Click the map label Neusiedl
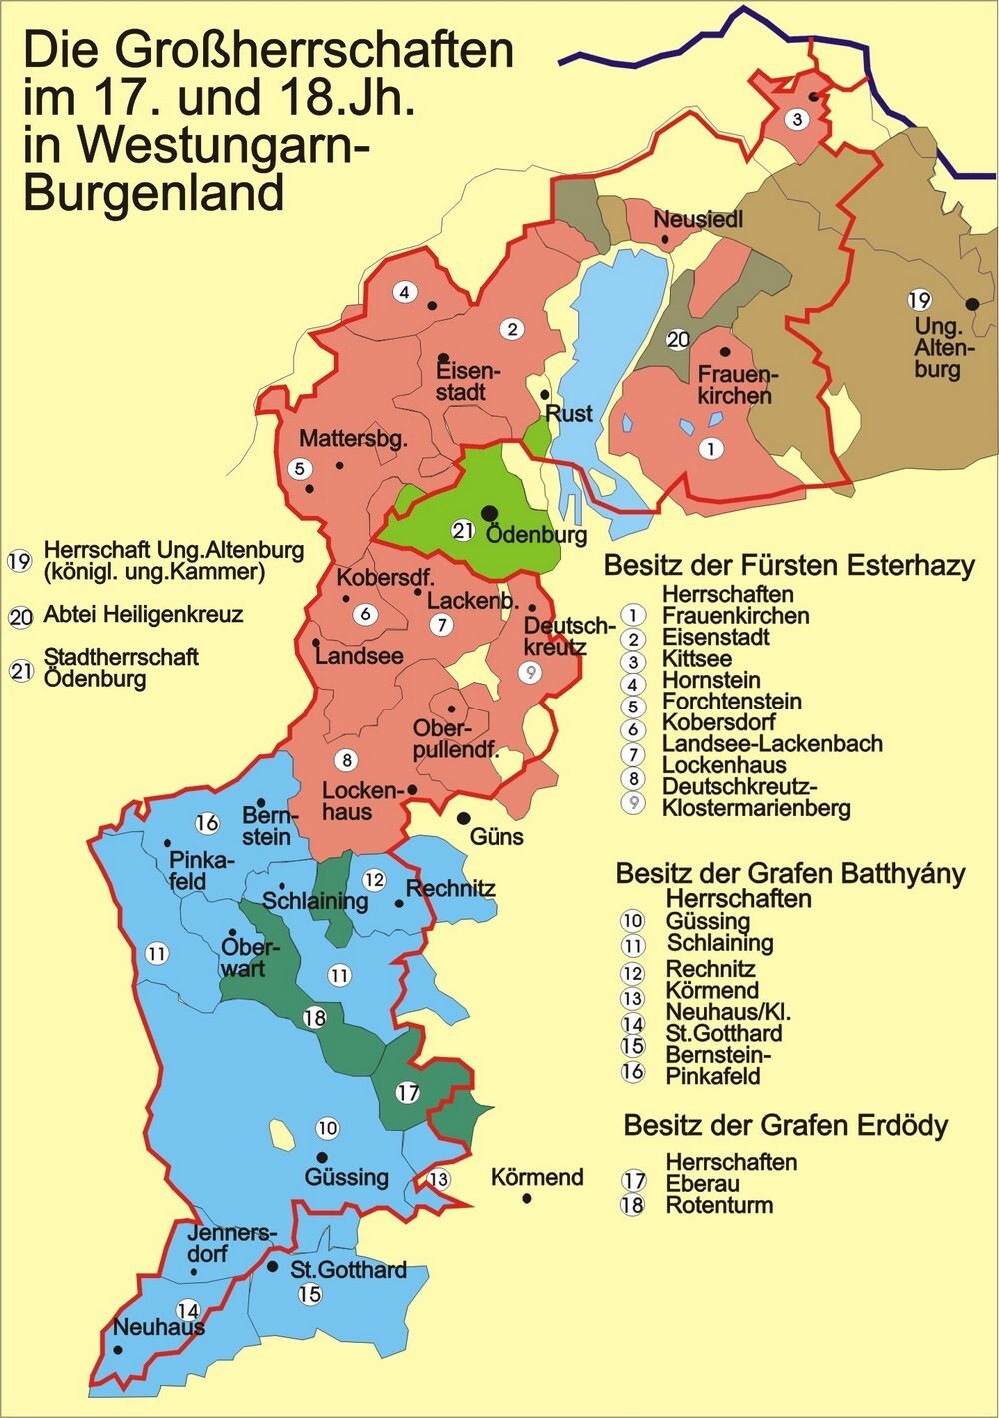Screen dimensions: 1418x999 point(698,219)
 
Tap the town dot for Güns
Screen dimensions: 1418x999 point(464,818)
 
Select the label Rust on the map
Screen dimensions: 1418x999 point(569,413)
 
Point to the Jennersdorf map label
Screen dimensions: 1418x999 point(230,1243)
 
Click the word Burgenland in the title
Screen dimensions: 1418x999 point(153,191)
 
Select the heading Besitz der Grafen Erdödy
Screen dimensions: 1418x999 point(785,1126)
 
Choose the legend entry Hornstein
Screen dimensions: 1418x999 point(711,681)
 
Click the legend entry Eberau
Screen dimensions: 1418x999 point(703,1184)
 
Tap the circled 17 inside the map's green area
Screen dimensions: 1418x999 point(407,1092)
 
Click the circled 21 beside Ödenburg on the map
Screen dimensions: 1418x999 point(462,530)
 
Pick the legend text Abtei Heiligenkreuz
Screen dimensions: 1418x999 point(143,615)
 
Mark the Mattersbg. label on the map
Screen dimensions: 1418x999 point(353,438)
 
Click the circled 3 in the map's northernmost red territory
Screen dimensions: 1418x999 point(797,120)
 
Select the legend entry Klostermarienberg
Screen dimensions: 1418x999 point(756,808)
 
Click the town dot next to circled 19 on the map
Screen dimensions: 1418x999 point(971,304)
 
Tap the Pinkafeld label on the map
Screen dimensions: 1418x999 point(201,870)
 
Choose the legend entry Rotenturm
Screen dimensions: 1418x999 point(719,1205)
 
